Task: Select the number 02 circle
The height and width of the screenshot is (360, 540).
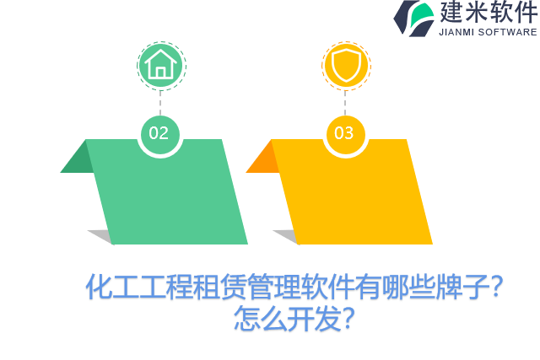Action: pos(159,133)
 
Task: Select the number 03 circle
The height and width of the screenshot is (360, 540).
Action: pos(344,133)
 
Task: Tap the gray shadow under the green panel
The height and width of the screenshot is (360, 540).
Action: pos(100,236)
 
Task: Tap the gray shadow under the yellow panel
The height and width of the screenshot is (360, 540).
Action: pos(286,236)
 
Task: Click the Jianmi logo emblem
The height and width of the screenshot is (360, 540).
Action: pos(414,18)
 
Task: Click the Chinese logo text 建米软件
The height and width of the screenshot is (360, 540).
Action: pos(488,13)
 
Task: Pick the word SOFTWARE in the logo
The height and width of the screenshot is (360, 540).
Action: pos(510,32)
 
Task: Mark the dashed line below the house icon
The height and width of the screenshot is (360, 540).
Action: pos(159,102)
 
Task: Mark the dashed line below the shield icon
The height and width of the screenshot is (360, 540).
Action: pos(345,102)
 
